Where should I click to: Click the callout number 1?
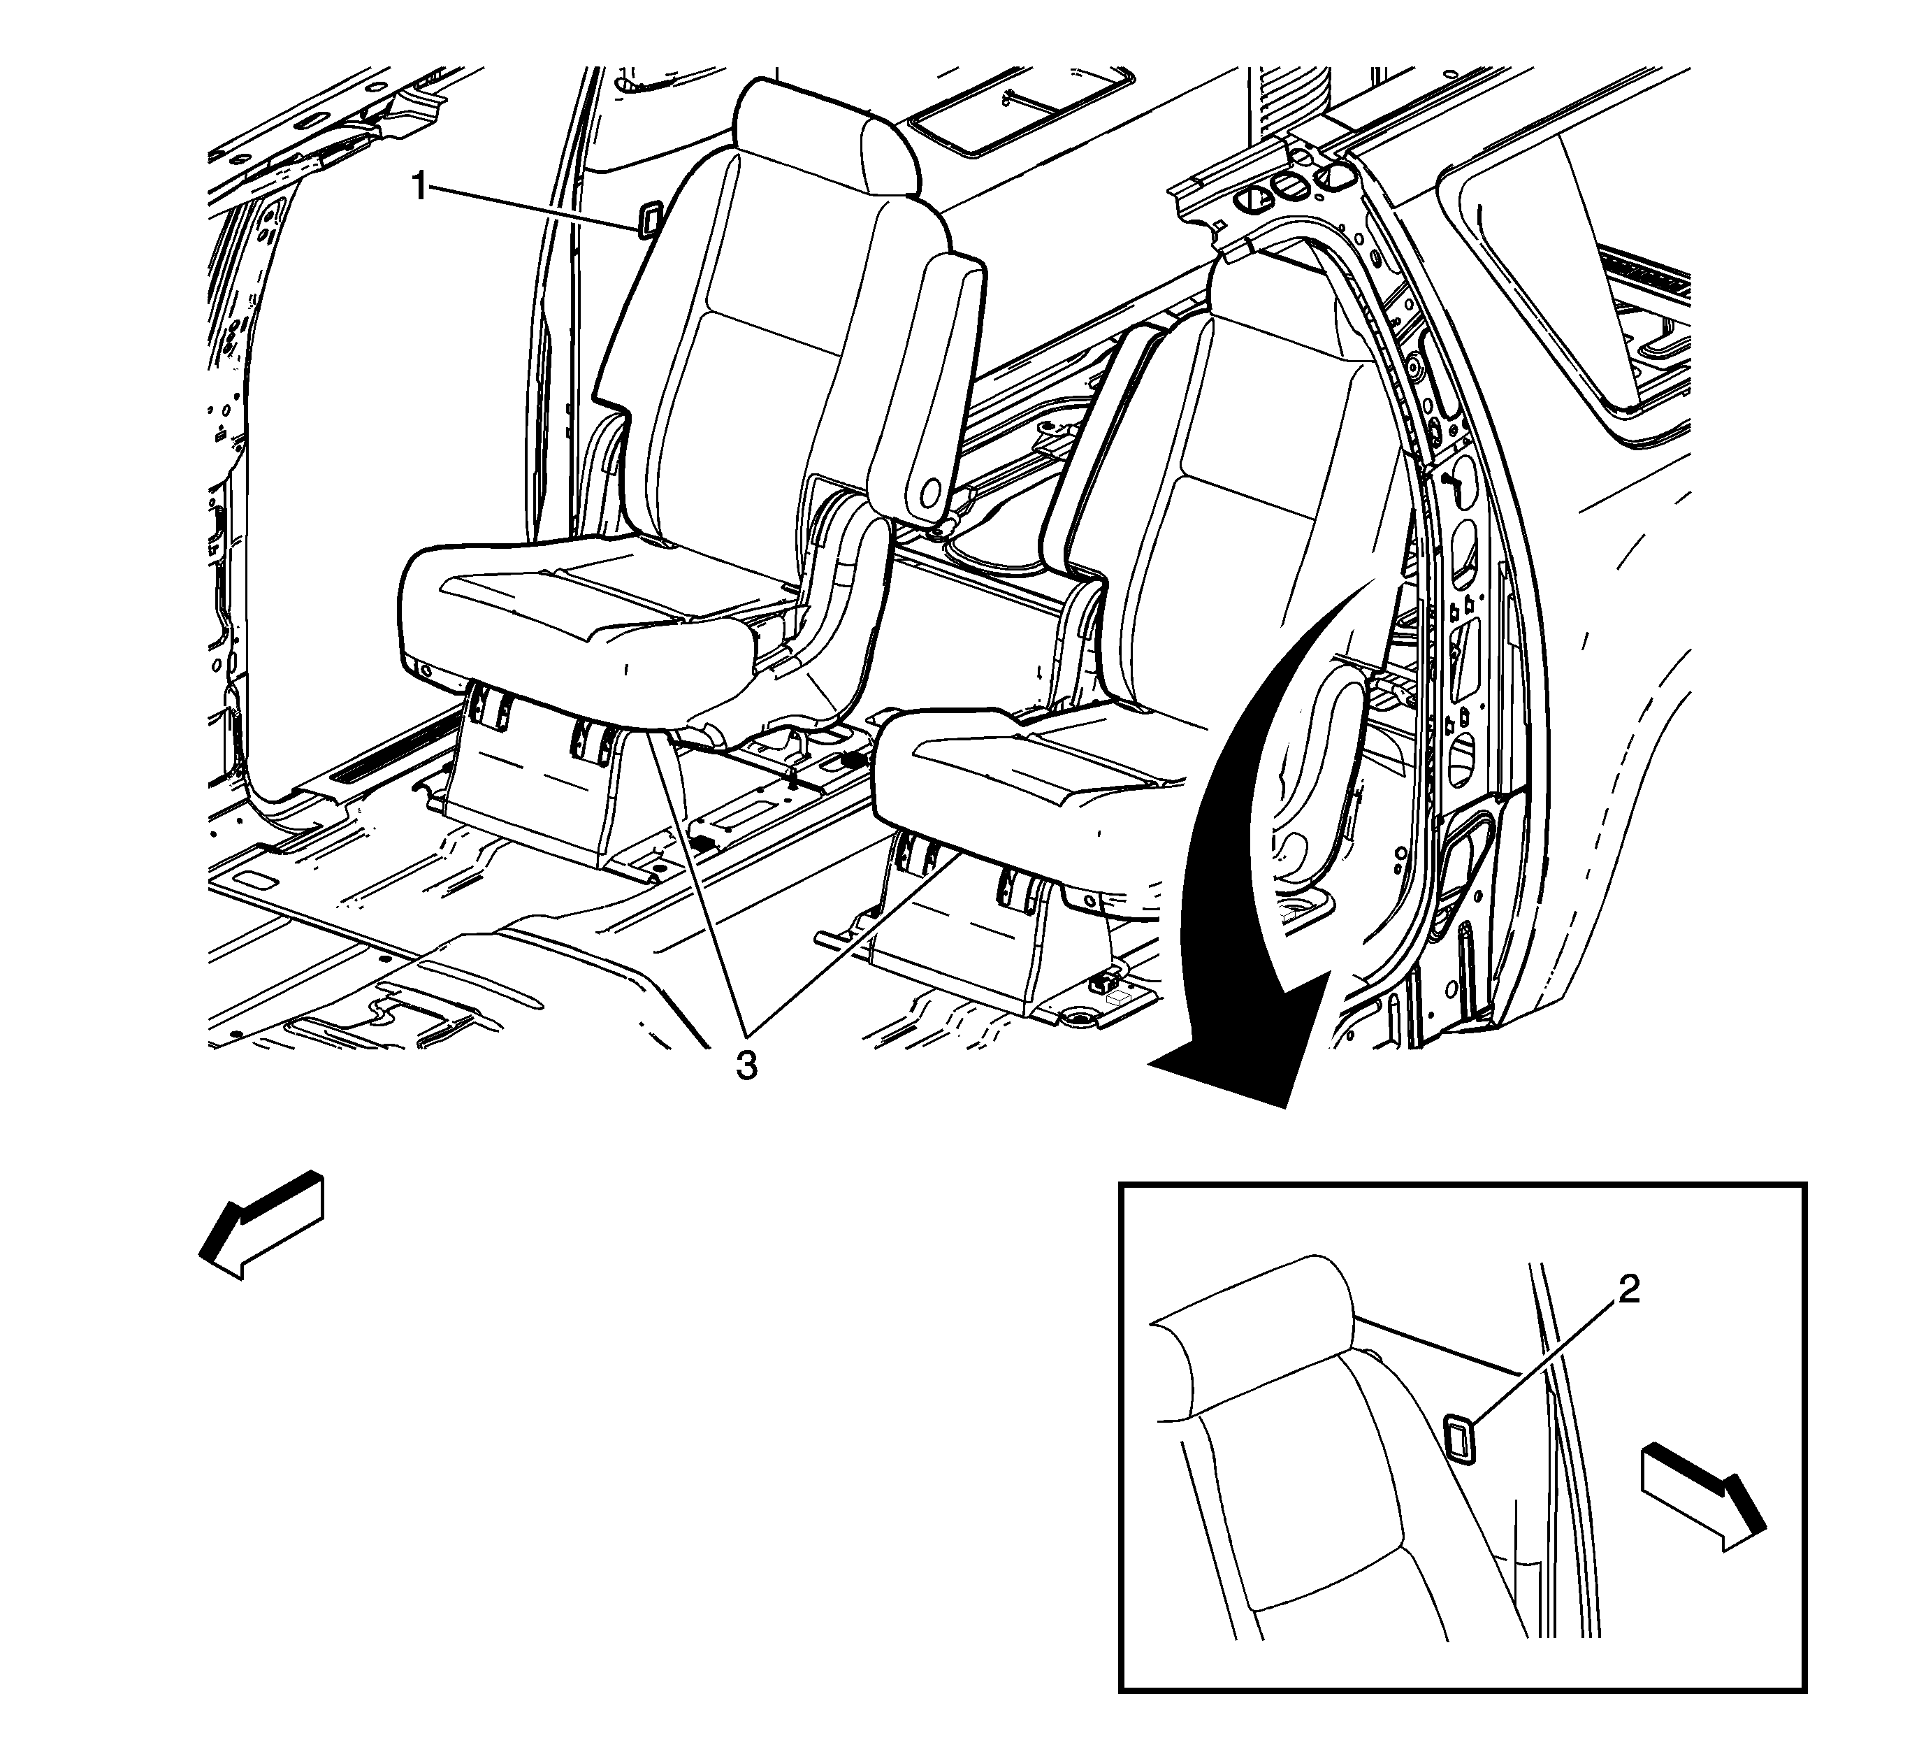point(419,187)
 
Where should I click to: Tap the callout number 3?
point(746,1065)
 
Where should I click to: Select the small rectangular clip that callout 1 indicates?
point(649,218)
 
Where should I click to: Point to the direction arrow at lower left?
point(261,1226)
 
